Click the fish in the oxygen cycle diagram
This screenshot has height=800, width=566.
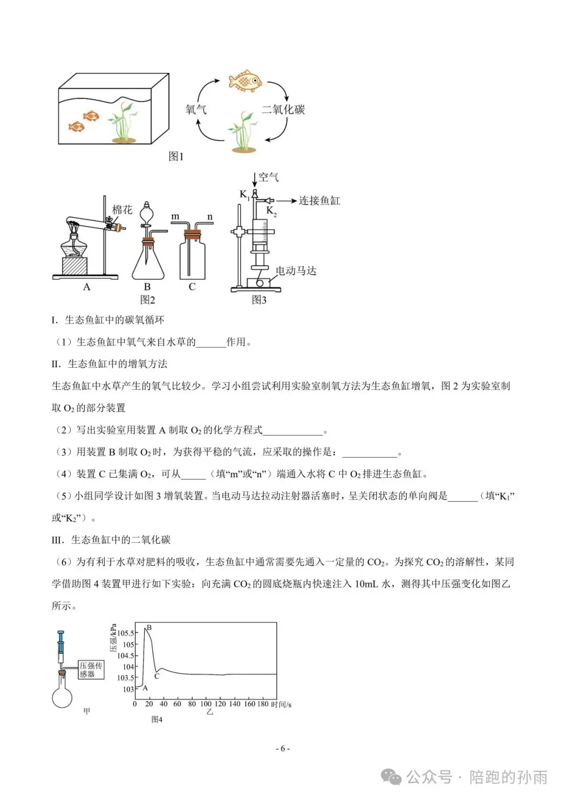[x=245, y=81]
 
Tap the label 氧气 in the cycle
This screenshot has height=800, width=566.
[x=196, y=109]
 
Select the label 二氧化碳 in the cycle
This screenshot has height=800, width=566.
[x=284, y=109]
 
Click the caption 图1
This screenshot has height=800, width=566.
[x=176, y=156]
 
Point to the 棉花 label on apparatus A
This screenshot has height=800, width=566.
[x=122, y=210]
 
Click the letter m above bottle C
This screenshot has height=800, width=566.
[x=175, y=216]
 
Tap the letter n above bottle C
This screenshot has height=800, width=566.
[x=210, y=217]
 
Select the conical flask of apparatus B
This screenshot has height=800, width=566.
[x=148, y=262]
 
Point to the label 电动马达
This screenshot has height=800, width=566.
[x=296, y=270]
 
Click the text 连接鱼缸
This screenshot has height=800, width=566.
[x=319, y=201]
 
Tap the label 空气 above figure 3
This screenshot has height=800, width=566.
[x=269, y=177]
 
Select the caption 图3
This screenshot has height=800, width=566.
[x=259, y=300]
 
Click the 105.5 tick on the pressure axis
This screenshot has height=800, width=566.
[x=125, y=633]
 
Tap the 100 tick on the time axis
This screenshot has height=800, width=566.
[x=206, y=704]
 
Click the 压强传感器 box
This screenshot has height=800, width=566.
[x=91, y=670]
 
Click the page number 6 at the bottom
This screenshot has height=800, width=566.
[x=282, y=749]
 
